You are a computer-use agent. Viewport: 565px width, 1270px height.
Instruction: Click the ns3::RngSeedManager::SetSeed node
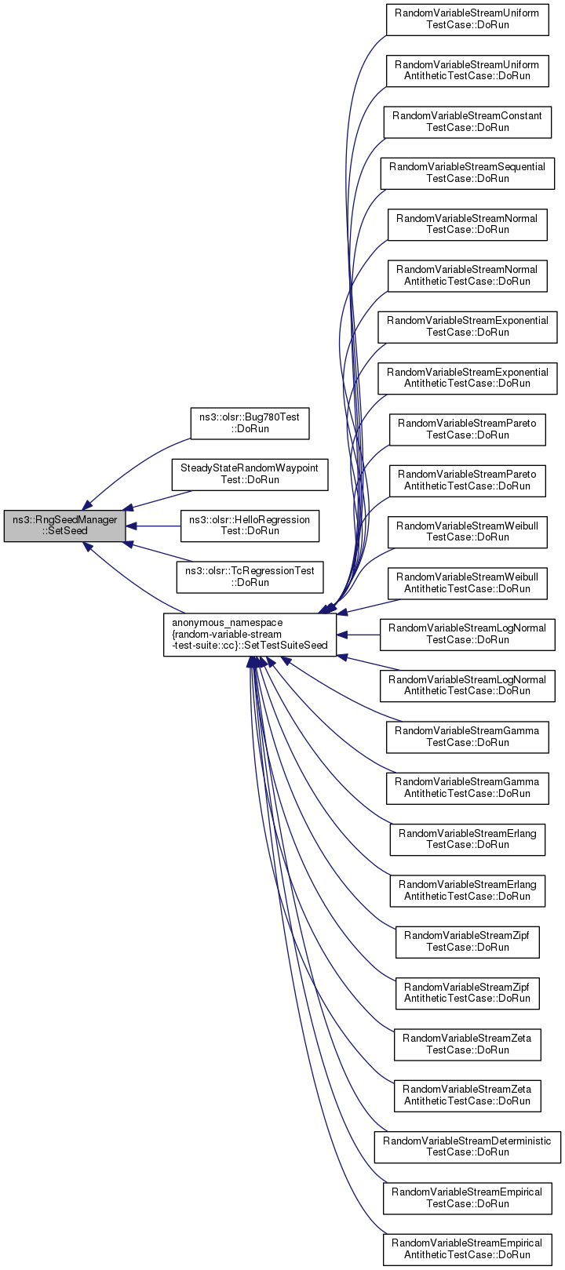[64, 526]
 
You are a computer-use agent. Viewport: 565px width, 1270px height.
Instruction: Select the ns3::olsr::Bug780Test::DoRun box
[250, 423]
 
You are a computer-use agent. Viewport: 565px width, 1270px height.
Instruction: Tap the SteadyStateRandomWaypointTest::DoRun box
[250, 474]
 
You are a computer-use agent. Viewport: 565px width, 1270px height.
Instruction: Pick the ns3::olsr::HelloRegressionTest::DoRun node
[250, 526]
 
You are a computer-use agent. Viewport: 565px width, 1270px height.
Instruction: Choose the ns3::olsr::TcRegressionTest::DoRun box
[250, 577]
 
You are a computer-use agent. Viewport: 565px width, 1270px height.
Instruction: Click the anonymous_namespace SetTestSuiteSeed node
[250, 635]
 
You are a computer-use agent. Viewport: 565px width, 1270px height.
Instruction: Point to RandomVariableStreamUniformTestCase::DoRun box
[468, 20]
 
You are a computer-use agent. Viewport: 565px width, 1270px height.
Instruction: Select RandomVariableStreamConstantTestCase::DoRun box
[468, 122]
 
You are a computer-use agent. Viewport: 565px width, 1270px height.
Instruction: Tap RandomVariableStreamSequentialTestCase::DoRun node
[468, 173]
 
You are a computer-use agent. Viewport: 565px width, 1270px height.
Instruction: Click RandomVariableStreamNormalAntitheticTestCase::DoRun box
[468, 275]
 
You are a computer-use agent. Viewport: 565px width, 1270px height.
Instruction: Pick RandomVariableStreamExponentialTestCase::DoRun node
[468, 326]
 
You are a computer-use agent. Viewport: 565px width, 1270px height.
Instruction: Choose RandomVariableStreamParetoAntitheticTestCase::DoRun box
[468, 481]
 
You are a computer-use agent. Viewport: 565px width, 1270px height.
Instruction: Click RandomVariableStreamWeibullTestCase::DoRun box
[468, 532]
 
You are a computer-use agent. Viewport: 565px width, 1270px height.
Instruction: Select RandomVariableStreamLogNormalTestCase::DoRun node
[468, 635]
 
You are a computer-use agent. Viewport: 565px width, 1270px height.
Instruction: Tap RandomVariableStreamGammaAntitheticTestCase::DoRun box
[468, 788]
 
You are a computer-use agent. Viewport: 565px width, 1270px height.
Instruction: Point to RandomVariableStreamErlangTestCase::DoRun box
[468, 839]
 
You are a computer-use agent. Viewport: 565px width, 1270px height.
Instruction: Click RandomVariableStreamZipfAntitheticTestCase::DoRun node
[468, 993]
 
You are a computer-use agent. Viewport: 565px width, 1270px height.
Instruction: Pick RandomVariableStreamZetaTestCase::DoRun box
[468, 1044]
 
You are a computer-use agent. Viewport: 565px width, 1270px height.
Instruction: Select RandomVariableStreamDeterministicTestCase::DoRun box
[468, 1147]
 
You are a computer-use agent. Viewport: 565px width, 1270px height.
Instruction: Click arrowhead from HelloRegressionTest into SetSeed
[131, 526]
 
